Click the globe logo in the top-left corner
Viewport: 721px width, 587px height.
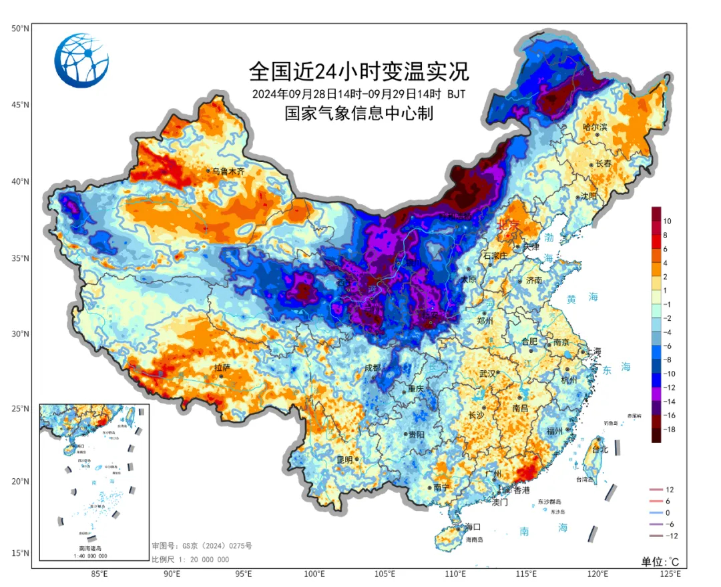[81, 60]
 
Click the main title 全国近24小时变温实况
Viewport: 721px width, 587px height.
[359, 71]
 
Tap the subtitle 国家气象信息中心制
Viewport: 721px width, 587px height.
[359, 113]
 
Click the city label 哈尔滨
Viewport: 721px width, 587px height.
[595, 127]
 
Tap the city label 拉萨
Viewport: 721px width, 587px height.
[222, 368]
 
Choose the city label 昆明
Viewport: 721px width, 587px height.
[344, 460]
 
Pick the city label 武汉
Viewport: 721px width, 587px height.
[487, 374]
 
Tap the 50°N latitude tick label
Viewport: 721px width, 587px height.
[19, 29]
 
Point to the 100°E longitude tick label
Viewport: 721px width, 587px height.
[314, 573]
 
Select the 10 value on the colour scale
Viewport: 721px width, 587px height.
[668, 221]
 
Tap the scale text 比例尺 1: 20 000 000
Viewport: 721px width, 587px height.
[190, 560]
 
